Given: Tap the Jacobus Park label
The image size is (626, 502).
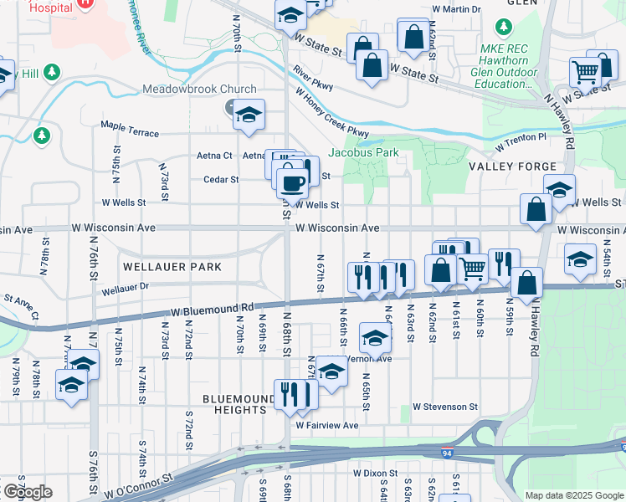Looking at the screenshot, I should coord(363,153).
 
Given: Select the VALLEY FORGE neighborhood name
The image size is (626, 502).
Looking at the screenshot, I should coord(511,166).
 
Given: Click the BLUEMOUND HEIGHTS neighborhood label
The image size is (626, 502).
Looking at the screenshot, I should coord(239,404).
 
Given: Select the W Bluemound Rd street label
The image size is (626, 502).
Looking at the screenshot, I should coord(211,310).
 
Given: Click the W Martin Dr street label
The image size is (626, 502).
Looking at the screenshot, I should coord(457,10).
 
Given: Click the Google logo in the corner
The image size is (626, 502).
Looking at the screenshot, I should coord(28,492).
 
